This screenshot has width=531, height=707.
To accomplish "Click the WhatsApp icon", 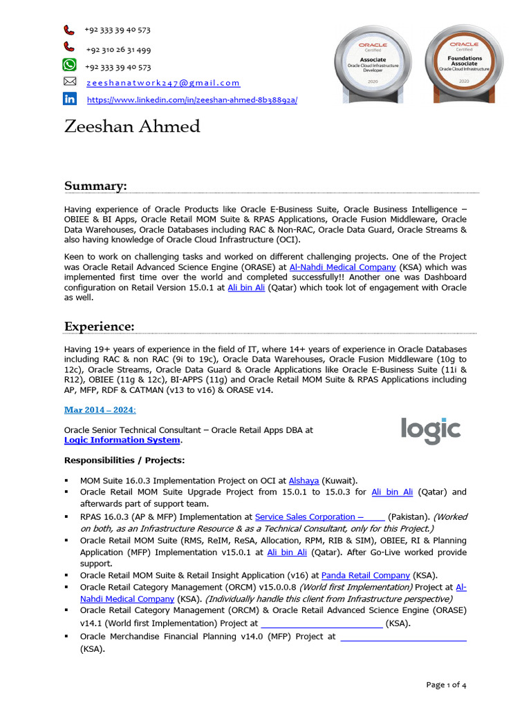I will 70,66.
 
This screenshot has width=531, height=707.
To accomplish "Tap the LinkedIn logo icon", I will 70,99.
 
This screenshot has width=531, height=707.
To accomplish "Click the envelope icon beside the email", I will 70,81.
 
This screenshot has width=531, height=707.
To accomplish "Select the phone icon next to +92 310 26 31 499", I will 70,47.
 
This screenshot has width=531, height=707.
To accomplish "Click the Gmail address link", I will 163,83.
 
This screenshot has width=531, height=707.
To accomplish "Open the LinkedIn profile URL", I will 192,100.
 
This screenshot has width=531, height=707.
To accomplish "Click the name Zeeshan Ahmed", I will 132,127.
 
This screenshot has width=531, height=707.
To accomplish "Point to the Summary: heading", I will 95,186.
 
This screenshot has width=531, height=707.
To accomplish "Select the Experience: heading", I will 100,326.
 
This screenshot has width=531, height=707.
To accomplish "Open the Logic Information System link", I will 122,440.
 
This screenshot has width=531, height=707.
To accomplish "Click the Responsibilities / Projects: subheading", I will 124,461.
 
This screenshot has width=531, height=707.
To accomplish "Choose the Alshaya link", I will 304,480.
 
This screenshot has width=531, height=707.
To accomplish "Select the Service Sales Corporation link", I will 319,516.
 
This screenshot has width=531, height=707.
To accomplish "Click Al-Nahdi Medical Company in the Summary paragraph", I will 342,267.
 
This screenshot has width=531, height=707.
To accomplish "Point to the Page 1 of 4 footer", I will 446,685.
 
